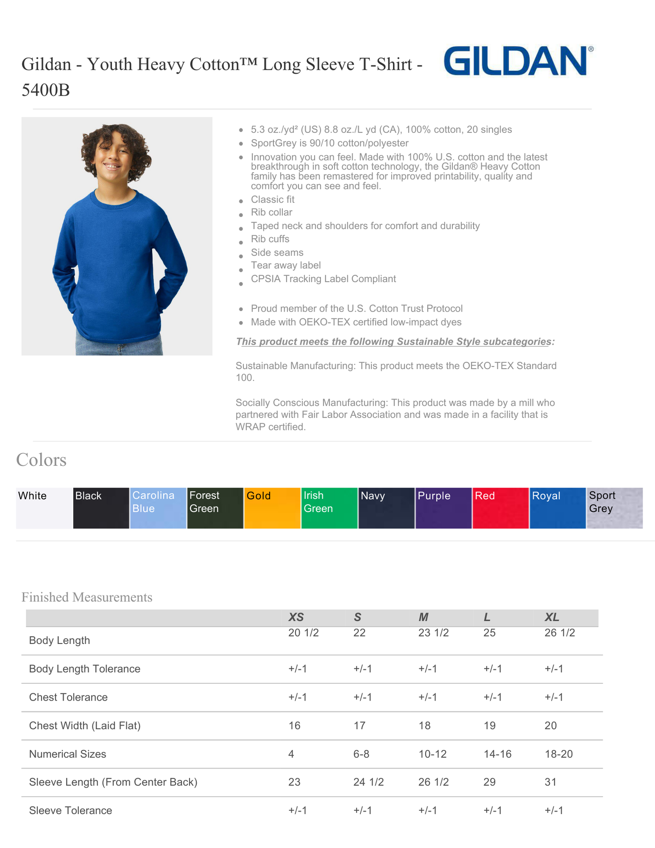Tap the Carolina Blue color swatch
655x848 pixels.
coord(158,507)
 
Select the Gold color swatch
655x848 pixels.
coord(272,507)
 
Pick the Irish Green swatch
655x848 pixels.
coord(329,507)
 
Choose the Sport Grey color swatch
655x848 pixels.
coord(614,507)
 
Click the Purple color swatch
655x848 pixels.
coord(443,507)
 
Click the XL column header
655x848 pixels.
coord(552,617)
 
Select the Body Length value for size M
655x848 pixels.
coord(433,633)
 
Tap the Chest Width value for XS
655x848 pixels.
coord(295,726)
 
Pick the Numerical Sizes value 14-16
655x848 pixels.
coord(497,754)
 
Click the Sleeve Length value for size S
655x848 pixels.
coord(369,782)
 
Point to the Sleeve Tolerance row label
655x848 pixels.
coord(70,810)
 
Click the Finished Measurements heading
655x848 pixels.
coord(87,597)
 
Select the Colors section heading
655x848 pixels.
coord(41,460)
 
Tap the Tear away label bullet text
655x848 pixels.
coord(286,265)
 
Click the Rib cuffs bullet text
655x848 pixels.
coord(270,239)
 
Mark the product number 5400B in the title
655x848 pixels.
coord(46,90)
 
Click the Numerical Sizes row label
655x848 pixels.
coord(68,754)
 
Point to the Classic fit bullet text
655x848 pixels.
coord(272,200)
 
